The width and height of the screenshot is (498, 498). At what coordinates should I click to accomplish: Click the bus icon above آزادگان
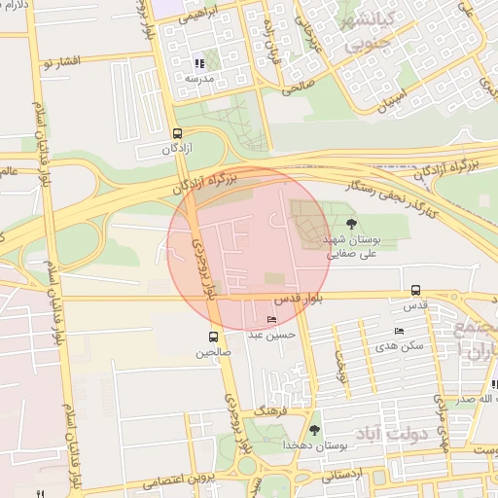click(x=177, y=134)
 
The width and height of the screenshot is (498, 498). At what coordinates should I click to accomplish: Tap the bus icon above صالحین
click(x=212, y=338)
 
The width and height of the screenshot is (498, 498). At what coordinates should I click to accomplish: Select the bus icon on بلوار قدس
click(x=416, y=290)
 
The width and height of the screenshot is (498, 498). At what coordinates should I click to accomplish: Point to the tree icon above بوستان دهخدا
click(x=314, y=429)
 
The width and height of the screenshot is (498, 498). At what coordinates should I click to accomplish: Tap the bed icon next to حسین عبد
click(x=271, y=320)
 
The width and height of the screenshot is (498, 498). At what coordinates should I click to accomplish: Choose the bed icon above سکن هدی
click(x=399, y=332)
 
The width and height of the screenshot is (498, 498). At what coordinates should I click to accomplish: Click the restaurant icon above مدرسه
click(x=199, y=63)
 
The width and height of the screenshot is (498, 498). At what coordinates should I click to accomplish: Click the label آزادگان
click(x=182, y=150)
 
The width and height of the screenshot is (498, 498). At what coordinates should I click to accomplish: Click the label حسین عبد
click(x=267, y=335)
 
